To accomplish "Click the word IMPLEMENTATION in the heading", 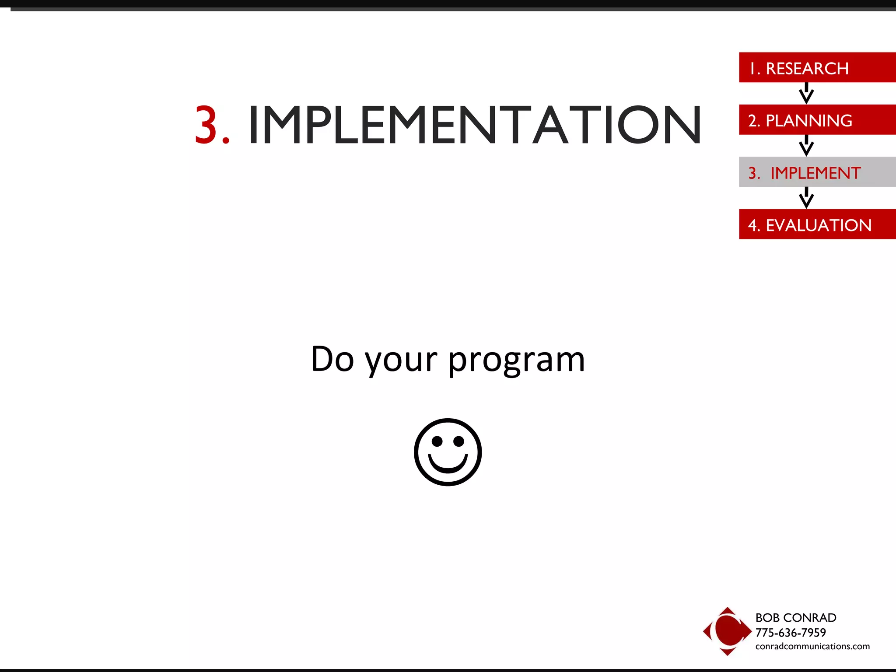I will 475,126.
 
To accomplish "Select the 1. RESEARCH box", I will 816,68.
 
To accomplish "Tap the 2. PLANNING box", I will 816,120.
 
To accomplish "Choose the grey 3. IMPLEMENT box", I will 816,172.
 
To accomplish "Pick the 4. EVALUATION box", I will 816,224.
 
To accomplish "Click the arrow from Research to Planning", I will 806,93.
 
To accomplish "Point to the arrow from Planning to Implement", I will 806,146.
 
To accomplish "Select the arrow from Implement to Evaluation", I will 806,198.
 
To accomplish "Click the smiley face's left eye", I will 437,441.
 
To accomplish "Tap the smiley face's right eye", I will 458,441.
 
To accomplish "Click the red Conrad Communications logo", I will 727,631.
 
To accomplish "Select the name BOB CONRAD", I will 795,618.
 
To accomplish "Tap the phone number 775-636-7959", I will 790,633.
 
